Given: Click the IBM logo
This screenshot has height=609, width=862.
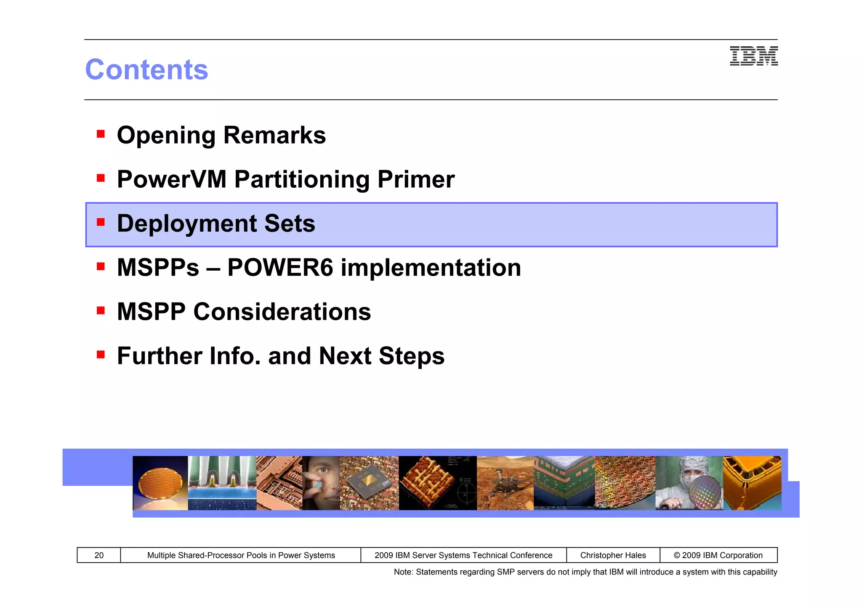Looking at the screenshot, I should [753, 56].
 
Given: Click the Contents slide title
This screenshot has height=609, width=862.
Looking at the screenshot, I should [146, 69].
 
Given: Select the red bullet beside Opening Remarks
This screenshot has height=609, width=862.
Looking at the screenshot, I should [101, 134].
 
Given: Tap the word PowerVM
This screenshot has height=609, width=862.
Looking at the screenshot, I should [172, 179].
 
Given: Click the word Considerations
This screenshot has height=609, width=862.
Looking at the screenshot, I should [282, 312].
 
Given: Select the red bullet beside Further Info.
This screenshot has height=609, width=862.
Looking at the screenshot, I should [101, 355].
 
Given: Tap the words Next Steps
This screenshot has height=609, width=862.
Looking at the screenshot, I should [381, 356].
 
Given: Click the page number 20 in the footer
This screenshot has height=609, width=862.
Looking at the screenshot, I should [99, 555].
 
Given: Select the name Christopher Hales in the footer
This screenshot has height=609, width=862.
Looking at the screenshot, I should [613, 555].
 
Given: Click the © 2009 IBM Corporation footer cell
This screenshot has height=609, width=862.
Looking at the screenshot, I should [718, 555].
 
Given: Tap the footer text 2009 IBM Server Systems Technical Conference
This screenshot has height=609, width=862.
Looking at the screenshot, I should [463, 555].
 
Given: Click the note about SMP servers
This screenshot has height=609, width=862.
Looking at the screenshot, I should [585, 572].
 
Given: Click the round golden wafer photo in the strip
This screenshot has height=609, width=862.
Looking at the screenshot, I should [160, 483].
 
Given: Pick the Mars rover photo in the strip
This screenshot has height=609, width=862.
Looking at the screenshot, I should [505, 483].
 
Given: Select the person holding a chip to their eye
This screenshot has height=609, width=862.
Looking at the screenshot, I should [321, 483].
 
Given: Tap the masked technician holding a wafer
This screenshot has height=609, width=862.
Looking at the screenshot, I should [689, 483].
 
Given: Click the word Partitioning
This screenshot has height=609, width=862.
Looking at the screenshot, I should [302, 179].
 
